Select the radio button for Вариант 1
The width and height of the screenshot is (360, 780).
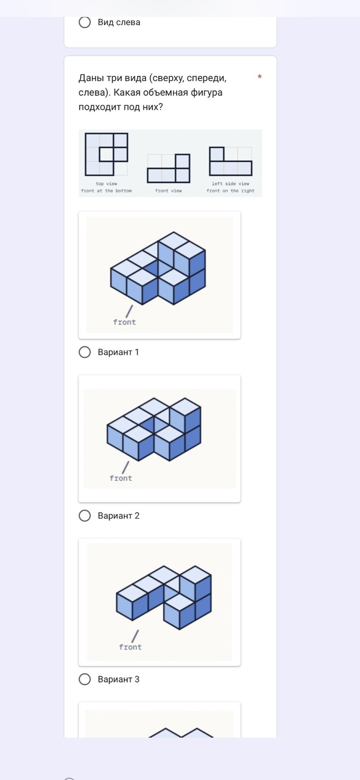click(x=85, y=352)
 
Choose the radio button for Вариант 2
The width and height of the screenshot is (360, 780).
click(x=85, y=516)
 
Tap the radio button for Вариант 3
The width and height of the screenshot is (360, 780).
click(x=85, y=679)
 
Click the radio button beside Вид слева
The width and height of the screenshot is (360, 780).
click(x=85, y=22)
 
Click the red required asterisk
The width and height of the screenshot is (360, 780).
click(x=260, y=77)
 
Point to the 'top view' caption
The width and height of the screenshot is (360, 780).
click(x=106, y=184)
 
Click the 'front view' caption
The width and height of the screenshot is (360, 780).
click(x=169, y=191)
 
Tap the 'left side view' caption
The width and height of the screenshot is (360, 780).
click(x=230, y=184)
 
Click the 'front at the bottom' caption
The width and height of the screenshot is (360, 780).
click(x=106, y=191)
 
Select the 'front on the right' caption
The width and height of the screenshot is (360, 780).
click(x=230, y=191)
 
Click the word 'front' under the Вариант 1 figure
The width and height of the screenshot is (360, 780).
click(x=124, y=322)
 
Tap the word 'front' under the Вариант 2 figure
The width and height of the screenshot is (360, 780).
click(x=121, y=478)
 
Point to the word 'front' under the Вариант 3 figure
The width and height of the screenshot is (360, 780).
click(x=130, y=647)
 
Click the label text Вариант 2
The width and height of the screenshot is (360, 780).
click(x=119, y=516)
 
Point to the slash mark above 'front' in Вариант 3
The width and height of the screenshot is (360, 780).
click(x=135, y=636)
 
